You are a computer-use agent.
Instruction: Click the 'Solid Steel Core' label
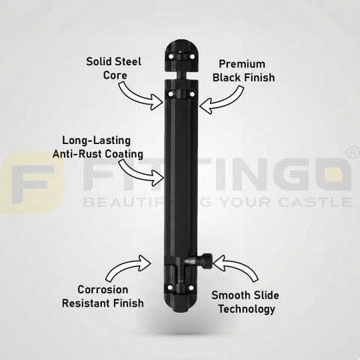[x=114, y=68]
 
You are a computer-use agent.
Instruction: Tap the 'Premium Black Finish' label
[x=244, y=70]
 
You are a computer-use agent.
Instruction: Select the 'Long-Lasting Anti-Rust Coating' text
[x=97, y=147]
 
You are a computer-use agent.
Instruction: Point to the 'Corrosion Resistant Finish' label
[x=103, y=296]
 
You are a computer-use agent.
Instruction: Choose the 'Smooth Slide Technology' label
[x=245, y=302]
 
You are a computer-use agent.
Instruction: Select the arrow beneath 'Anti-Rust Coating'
[x=140, y=172]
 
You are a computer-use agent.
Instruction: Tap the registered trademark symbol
[x=353, y=153]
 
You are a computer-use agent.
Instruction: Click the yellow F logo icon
[x=31, y=183]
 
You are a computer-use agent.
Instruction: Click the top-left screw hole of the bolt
[x=171, y=57]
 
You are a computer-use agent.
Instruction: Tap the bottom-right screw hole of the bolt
[x=191, y=288]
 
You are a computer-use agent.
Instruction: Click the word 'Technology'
[x=247, y=309]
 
